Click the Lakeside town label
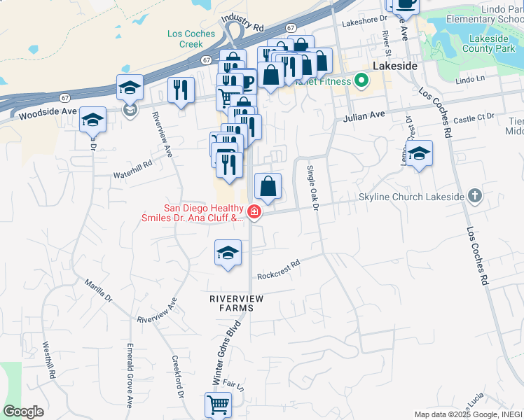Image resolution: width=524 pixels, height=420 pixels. pos(395,65)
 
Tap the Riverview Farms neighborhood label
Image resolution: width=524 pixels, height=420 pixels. pos(237,303)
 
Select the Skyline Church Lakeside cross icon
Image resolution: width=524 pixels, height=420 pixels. pos(475,197)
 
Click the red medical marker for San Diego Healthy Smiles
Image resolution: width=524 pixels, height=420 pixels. pos(254,212)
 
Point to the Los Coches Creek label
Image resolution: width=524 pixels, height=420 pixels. pos(185,38)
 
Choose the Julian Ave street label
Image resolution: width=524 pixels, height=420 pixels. pos(364,116)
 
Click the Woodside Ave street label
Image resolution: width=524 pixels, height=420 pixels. pos(48,112)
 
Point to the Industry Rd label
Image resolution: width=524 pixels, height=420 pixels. pos(242,24)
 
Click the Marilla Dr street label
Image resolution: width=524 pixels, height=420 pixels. pos(98,288)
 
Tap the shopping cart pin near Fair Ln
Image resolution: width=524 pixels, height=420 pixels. pos(218,404)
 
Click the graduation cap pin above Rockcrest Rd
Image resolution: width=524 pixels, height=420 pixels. pos(228,253)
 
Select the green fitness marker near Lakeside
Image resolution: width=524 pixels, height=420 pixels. pos(361,80)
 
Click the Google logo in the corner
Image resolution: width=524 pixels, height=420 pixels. pos(24,411)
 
